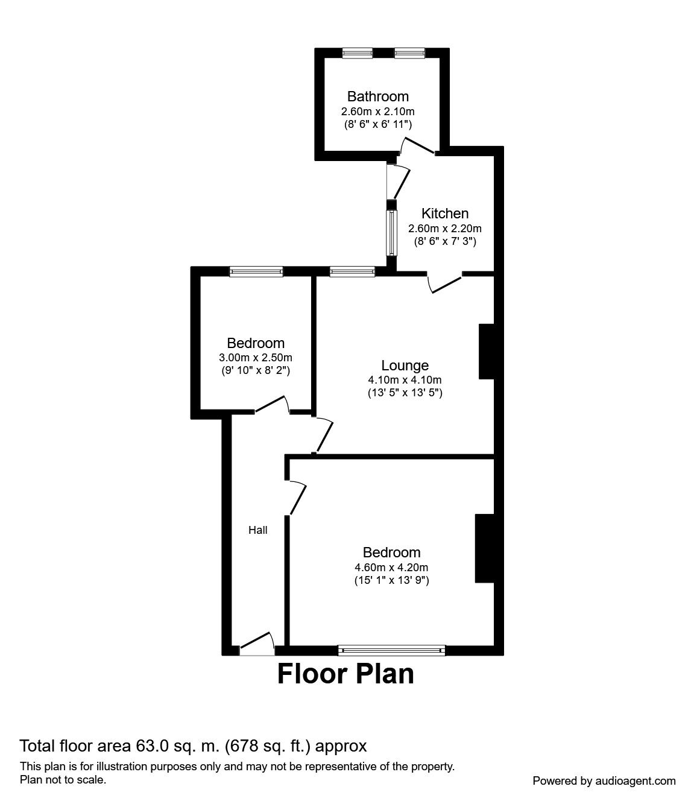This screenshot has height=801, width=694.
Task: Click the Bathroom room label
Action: pos(377,97)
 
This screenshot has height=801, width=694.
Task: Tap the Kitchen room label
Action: pos(445,214)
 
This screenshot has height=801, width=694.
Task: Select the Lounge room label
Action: pos(405,366)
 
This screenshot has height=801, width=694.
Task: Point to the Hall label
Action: pos(258,530)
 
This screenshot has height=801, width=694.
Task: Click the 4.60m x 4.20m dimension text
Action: pos(391,568)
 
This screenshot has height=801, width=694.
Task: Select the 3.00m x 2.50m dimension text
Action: pos(256,358)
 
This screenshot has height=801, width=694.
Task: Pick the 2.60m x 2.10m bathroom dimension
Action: pos(377,112)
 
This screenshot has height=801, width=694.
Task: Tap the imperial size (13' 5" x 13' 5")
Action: pos(405,393)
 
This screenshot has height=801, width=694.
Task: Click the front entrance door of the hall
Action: pos(257,645)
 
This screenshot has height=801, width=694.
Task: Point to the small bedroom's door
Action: pos(271,405)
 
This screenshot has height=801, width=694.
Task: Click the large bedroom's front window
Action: pos(391,650)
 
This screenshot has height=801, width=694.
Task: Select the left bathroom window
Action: pos(358,54)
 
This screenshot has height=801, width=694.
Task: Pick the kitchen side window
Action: pos(393,233)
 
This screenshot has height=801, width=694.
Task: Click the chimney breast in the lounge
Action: pos(486,352)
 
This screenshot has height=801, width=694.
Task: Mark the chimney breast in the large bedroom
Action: pos(484,548)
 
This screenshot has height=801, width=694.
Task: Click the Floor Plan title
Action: pos(345,674)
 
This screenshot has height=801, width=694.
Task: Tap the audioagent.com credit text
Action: pos(604,781)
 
